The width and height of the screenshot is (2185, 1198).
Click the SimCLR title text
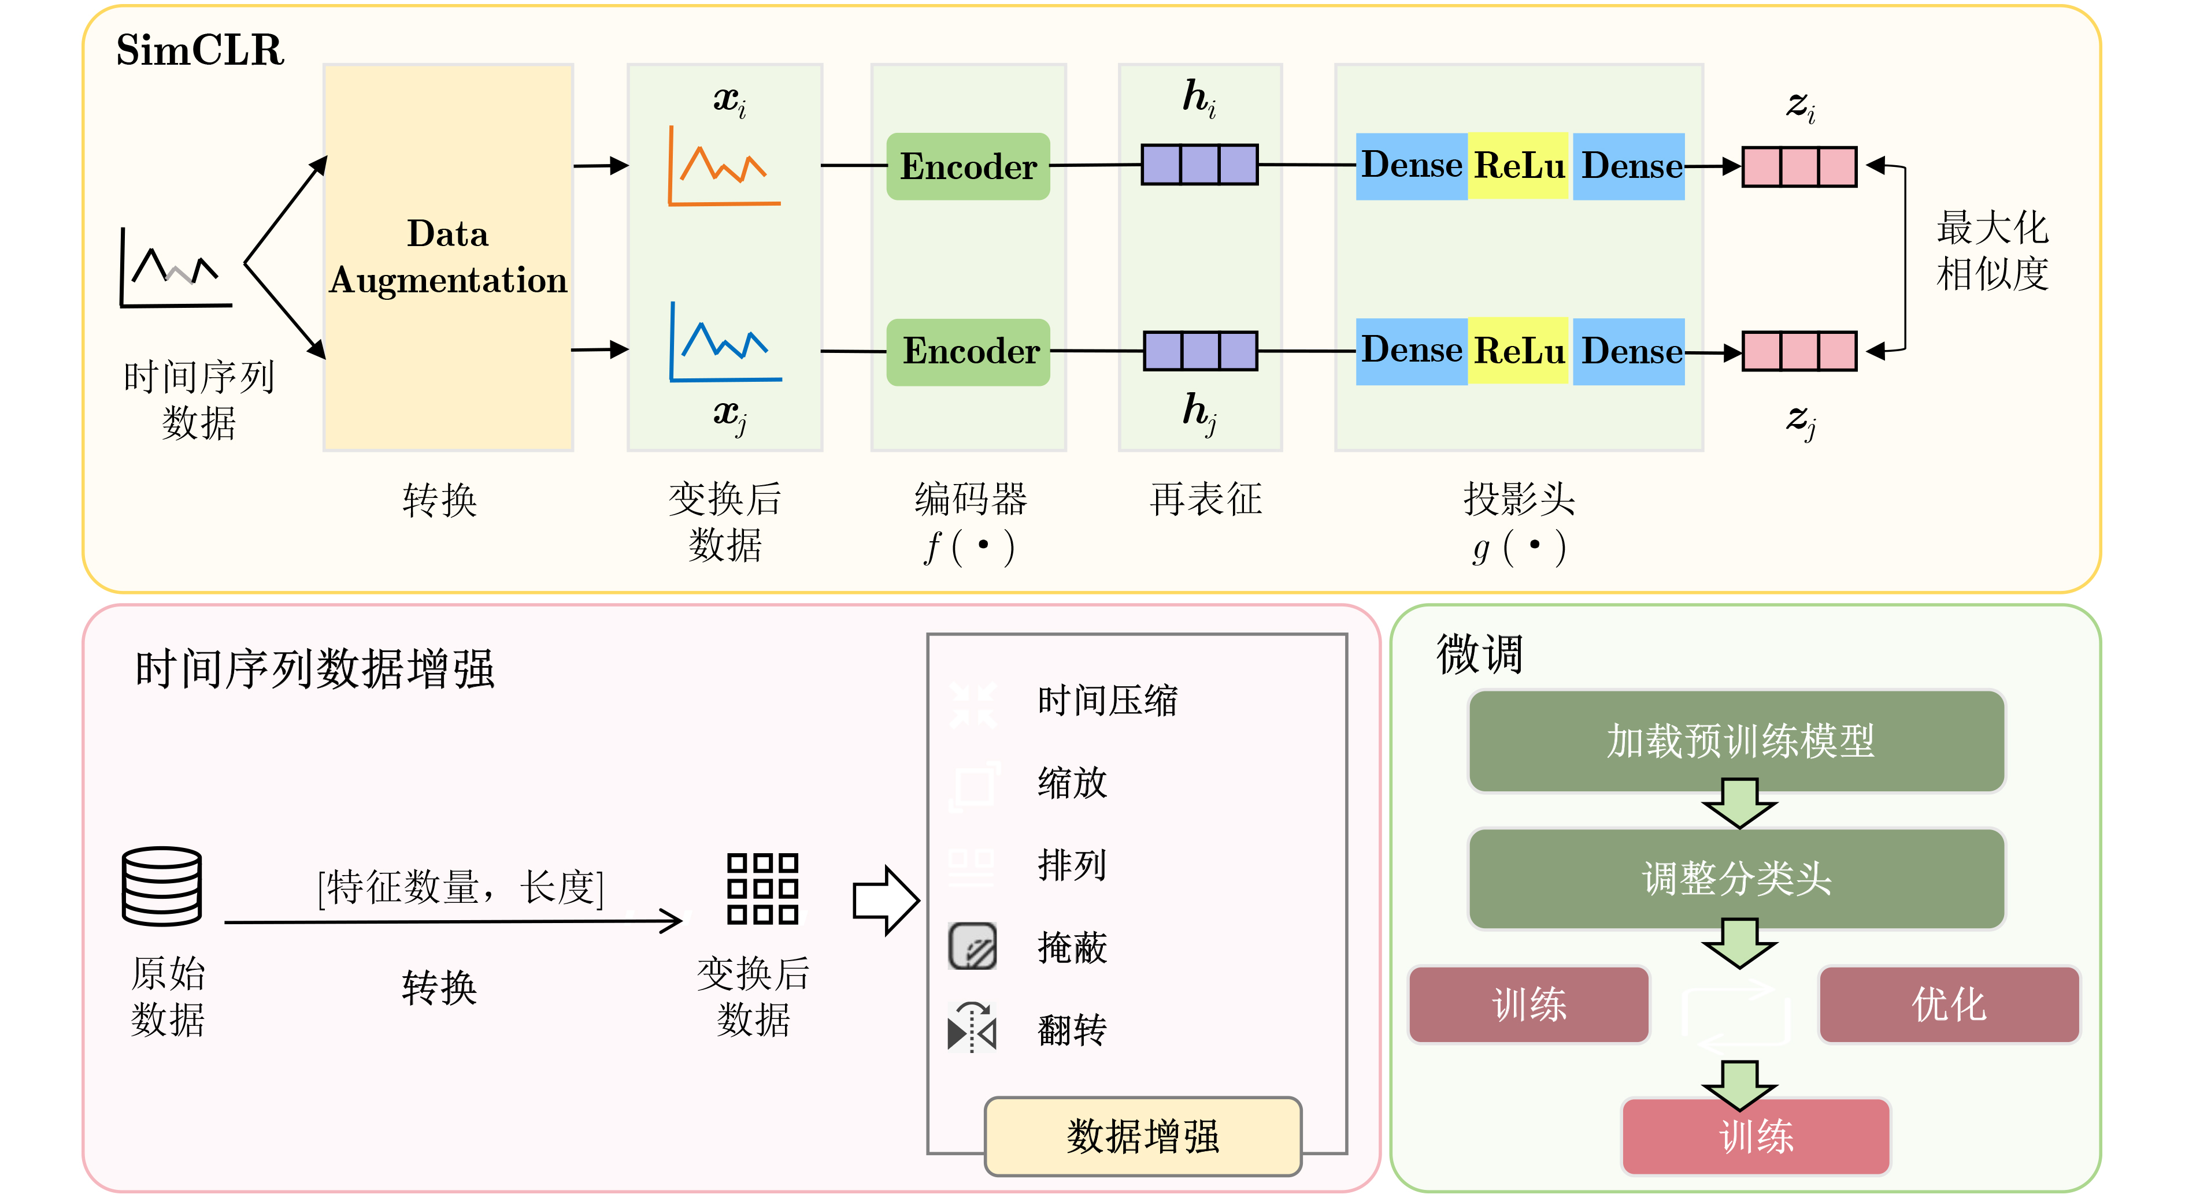199,50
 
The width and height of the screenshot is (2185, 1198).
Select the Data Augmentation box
448,257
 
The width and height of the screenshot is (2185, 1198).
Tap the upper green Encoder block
968,166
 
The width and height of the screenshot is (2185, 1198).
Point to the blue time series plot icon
725,343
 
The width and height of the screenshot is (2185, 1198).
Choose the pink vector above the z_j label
1799,351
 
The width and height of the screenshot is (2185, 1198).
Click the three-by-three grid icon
762,888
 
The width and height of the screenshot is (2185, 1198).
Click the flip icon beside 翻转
972,1028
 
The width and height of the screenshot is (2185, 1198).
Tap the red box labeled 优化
1949,1004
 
